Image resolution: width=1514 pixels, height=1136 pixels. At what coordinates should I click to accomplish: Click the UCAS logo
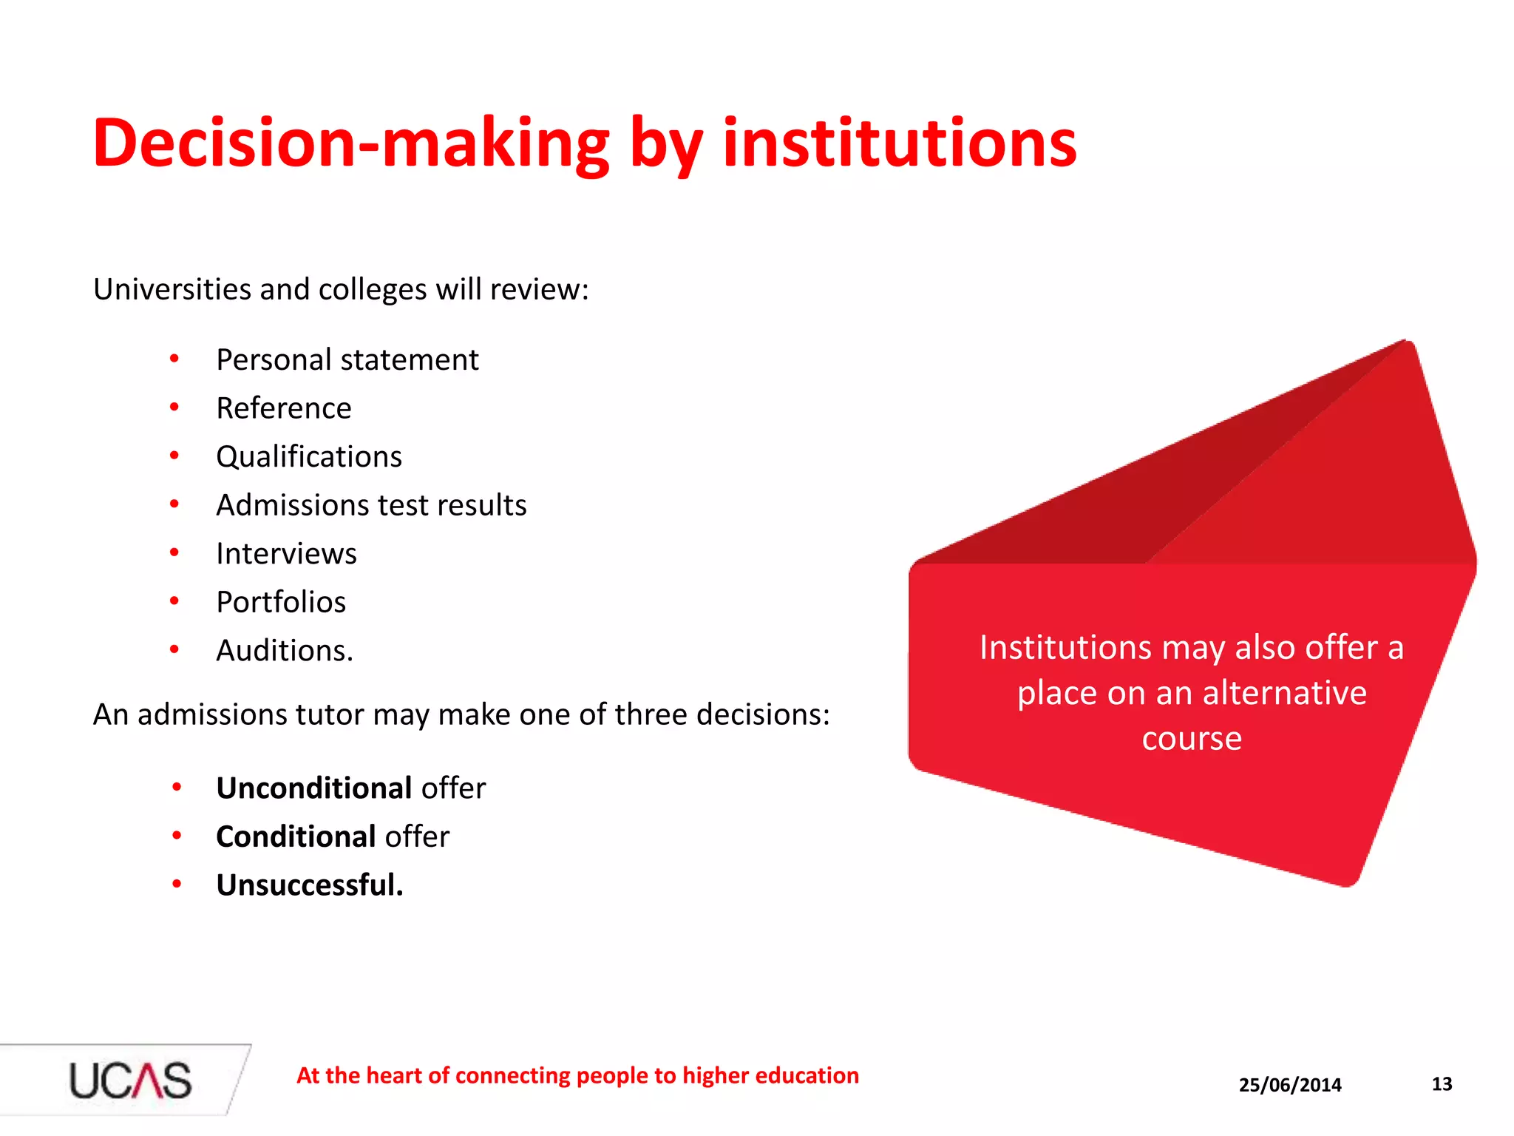[130, 1080]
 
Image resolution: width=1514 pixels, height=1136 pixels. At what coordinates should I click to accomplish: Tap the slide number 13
[1442, 1084]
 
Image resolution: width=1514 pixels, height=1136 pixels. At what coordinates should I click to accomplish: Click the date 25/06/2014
[1290, 1085]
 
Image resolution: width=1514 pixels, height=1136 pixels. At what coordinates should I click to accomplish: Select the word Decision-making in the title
[351, 143]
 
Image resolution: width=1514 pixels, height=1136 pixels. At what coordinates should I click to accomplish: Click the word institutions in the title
[899, 143]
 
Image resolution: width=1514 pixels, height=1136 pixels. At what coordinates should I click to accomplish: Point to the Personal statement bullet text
[347, 360]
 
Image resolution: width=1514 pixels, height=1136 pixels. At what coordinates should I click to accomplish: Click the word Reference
[284, 408]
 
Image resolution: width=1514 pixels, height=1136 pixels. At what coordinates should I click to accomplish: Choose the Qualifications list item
[309, 457]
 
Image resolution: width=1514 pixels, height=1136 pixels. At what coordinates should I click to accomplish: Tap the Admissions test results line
[371, 505]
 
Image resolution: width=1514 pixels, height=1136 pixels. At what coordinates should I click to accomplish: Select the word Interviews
[286, 554]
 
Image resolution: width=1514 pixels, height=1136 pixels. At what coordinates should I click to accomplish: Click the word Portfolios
[281, 602]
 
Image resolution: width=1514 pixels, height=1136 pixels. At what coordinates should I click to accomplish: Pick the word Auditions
[285, 651]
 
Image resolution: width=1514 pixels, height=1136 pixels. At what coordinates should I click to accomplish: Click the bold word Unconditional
[314, 788]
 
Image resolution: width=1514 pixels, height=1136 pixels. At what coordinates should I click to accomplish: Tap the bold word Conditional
[296, 837]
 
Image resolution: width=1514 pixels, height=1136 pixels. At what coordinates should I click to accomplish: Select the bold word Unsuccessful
[310, 885]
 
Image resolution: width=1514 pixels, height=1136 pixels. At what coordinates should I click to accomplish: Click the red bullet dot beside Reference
[174, 407]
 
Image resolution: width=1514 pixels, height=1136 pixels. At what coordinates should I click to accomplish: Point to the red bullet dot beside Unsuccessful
[177, 884]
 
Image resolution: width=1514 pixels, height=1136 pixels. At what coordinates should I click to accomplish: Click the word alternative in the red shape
[1284, 693]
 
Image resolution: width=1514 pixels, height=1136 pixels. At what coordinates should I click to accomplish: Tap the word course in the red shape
[1192, 739]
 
